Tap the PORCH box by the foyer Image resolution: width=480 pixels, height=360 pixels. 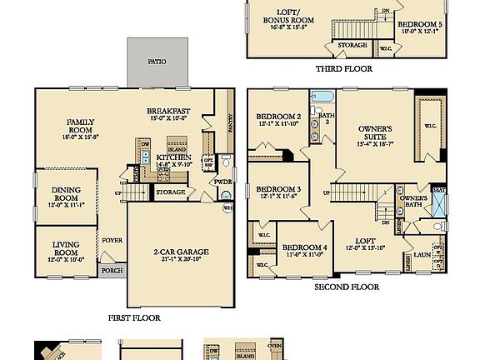(112, 271)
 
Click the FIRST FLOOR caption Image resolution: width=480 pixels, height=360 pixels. (134, 317)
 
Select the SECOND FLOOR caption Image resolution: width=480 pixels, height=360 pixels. (346, 287)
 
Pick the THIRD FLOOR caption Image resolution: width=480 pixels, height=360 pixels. (344, 69)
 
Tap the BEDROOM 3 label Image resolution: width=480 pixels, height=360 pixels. (277, 193)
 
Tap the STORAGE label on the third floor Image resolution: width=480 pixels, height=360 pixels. (352, 44)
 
